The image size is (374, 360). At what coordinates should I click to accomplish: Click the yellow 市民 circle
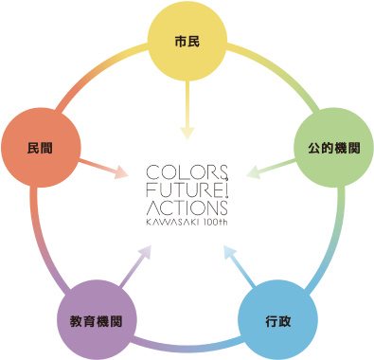[x=187, y=44]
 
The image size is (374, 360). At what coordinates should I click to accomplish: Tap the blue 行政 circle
[x=277, y=319]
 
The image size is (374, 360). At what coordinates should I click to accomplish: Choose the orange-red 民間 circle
[x=41, y=149]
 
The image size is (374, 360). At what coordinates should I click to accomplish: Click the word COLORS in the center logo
[x=187, y=172]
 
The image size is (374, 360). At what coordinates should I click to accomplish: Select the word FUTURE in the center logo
[x=187, y=189]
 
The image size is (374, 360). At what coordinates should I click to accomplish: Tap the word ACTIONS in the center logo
[x=187, y=207]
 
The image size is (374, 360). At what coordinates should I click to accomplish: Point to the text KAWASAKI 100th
[x=187, y=220]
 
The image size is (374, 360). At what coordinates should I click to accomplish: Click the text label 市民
[x=187, y=44]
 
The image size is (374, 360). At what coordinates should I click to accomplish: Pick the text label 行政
[x=277, y=319]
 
